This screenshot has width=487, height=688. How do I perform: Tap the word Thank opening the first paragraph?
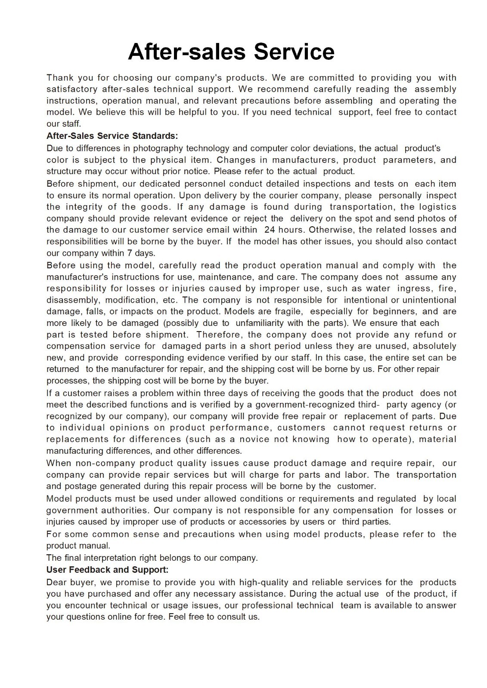60,78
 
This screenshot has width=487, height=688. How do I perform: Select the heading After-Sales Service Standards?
112,136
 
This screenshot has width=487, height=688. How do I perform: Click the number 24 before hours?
270,230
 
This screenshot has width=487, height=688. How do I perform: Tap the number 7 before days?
129,253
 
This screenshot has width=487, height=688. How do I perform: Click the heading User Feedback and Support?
107,570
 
